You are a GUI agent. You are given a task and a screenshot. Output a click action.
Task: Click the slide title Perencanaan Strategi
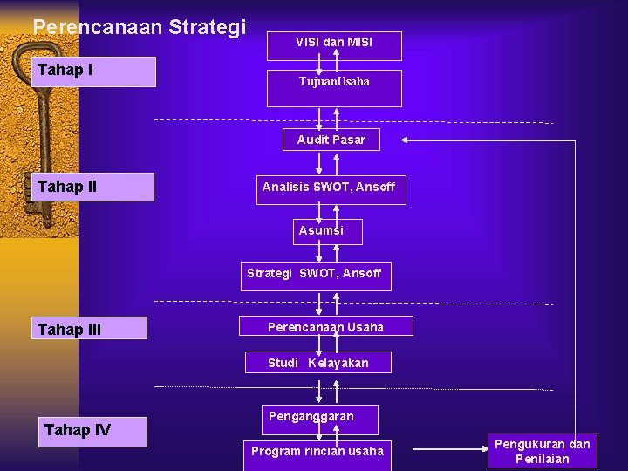tap(140, 27)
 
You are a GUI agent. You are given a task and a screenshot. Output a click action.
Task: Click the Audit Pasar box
tap(331, 140)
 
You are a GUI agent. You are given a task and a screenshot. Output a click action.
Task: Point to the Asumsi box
tap(322, 231)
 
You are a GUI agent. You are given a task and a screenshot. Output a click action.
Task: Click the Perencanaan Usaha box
tap(326, 326)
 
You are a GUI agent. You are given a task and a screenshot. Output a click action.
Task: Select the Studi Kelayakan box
tap(317, 363)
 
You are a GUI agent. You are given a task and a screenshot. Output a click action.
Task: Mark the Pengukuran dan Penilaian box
tap(543, 451)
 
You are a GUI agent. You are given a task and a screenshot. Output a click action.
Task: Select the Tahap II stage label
tap(93, 187)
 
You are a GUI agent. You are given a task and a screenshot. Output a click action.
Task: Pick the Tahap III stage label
tap(93, 329)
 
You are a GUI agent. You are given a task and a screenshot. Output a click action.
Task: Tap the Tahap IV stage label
tap(93, 429)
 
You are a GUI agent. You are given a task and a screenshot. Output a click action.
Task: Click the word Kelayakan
tap(338, 363)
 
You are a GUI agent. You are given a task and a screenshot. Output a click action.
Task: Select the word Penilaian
tap(543, 459)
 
